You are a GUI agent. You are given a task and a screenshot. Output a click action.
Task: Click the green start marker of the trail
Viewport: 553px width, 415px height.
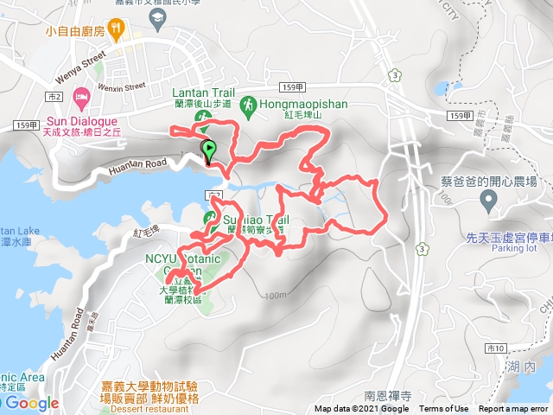(208, 150)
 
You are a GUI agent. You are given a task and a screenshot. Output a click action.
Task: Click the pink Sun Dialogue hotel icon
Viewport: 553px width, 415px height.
(82, 95)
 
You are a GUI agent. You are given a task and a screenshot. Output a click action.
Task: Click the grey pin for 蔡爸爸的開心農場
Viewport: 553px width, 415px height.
(488, 201)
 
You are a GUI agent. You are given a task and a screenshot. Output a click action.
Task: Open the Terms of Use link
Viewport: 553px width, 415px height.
(443, 409)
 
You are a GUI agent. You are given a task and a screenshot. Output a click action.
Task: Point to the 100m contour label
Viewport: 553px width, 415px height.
(275, 296)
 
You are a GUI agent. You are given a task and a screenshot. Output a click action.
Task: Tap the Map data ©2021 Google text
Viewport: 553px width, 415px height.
(361, 409)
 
